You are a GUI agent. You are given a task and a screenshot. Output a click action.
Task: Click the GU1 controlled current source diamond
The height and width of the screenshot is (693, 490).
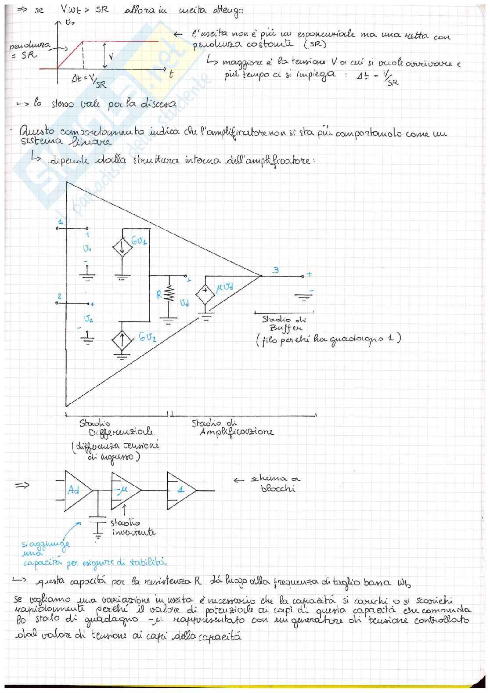[122, 248]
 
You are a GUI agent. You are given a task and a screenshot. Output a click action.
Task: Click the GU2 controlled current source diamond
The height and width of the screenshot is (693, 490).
[122, 339]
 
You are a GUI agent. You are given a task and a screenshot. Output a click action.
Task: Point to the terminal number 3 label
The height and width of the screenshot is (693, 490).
[275, 270]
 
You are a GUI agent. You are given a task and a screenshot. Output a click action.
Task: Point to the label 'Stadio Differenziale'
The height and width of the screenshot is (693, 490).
[116, 428]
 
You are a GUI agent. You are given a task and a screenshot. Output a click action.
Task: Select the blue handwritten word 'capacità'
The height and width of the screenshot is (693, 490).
[43, 563]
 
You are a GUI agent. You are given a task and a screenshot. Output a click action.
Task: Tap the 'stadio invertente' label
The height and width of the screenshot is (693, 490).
[132, 527]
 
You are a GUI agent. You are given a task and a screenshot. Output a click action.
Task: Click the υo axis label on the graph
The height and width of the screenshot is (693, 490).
[69, 23]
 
